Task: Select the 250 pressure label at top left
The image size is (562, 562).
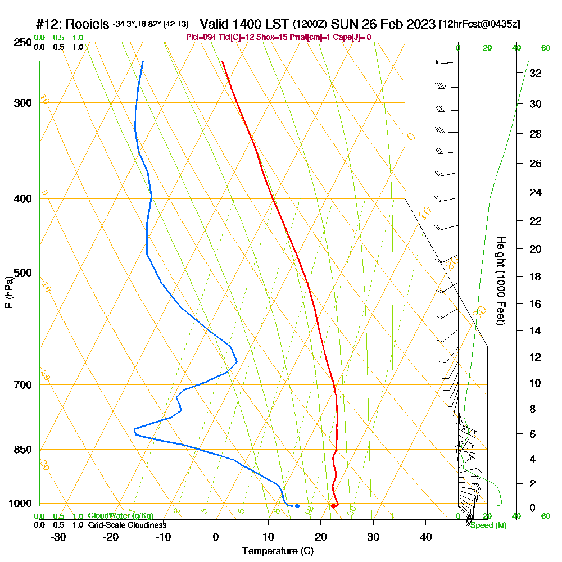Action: pyautogui.click(x=22, y=42)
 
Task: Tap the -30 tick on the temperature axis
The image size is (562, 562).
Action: pyautogui.click(x=58, y=537)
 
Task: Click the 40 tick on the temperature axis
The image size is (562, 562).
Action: pyautogui.click(x=425, y=537)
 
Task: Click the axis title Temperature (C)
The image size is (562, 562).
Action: pyautogui.click(x=278, y=551)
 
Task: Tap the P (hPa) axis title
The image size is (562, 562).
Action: pyautogui.click(x=8, y=292)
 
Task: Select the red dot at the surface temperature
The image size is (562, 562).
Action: pyautogui.click(x=333, y=506)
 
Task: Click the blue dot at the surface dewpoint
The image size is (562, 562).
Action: pyautogui.click(x=297, y=506)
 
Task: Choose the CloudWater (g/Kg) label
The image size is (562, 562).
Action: pyautogui.click(x=120, y=516)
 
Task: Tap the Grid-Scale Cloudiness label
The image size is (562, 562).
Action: pyautogui.click(x=127, y=525)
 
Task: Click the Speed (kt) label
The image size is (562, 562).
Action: pyautogui.click(x=488, y=525)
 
